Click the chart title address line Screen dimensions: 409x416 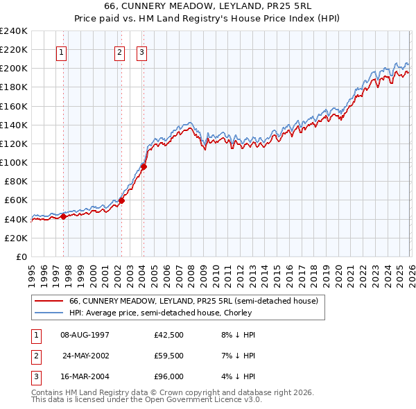click(208, 6)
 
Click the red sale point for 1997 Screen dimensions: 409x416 click(63, 216)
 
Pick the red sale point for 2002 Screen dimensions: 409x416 click(121, 201)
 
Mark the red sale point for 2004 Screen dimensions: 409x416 click(144, 166)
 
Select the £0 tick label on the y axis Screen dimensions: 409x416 click(21, 256)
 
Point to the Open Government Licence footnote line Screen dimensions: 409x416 click(146, 400)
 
